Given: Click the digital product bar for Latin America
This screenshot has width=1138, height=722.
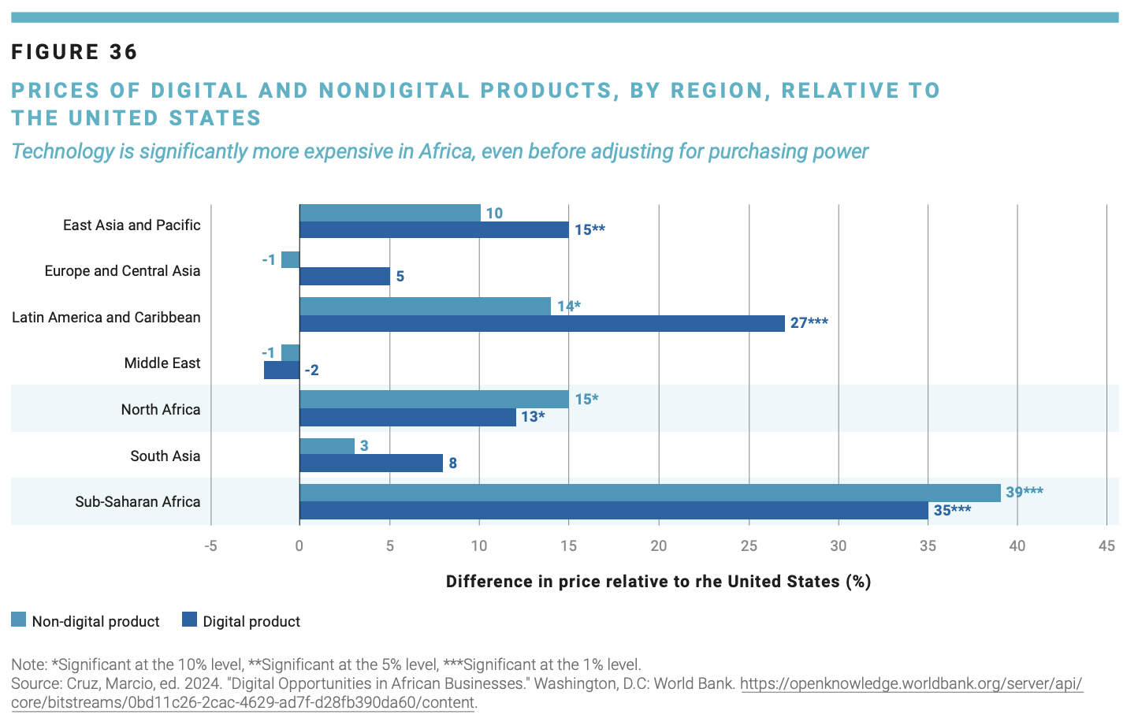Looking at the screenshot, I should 542,323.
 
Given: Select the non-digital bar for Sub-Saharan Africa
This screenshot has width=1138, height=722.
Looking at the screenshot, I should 650,493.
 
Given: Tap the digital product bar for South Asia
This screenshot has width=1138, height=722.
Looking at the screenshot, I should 371,463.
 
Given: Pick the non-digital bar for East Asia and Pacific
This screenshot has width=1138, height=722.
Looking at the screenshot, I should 390,213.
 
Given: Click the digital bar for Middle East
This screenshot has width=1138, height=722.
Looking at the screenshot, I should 281,370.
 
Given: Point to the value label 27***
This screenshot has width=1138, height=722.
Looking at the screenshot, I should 809,323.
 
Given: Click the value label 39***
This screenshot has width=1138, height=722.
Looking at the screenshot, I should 1025,493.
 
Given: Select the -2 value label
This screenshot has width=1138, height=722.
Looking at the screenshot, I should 312,370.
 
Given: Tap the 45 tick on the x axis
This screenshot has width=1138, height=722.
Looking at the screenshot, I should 1107,545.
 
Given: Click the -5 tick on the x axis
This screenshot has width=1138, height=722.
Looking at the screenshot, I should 210,545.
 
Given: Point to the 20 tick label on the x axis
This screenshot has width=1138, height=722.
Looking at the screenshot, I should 659,545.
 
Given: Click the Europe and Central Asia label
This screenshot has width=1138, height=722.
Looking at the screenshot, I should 122,271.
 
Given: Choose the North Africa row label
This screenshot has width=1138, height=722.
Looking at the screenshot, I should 161,410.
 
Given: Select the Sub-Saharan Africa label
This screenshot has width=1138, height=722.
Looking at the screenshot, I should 138,502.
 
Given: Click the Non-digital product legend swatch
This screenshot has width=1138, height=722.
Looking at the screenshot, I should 19,620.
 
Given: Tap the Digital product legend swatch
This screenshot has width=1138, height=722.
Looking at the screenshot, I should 189,620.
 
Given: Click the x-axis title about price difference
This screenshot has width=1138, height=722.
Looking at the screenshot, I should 658,582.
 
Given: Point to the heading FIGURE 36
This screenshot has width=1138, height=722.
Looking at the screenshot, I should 75,52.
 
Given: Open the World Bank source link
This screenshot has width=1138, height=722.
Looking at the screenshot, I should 911,684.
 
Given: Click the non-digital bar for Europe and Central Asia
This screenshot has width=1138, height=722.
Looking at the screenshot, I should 291,259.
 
